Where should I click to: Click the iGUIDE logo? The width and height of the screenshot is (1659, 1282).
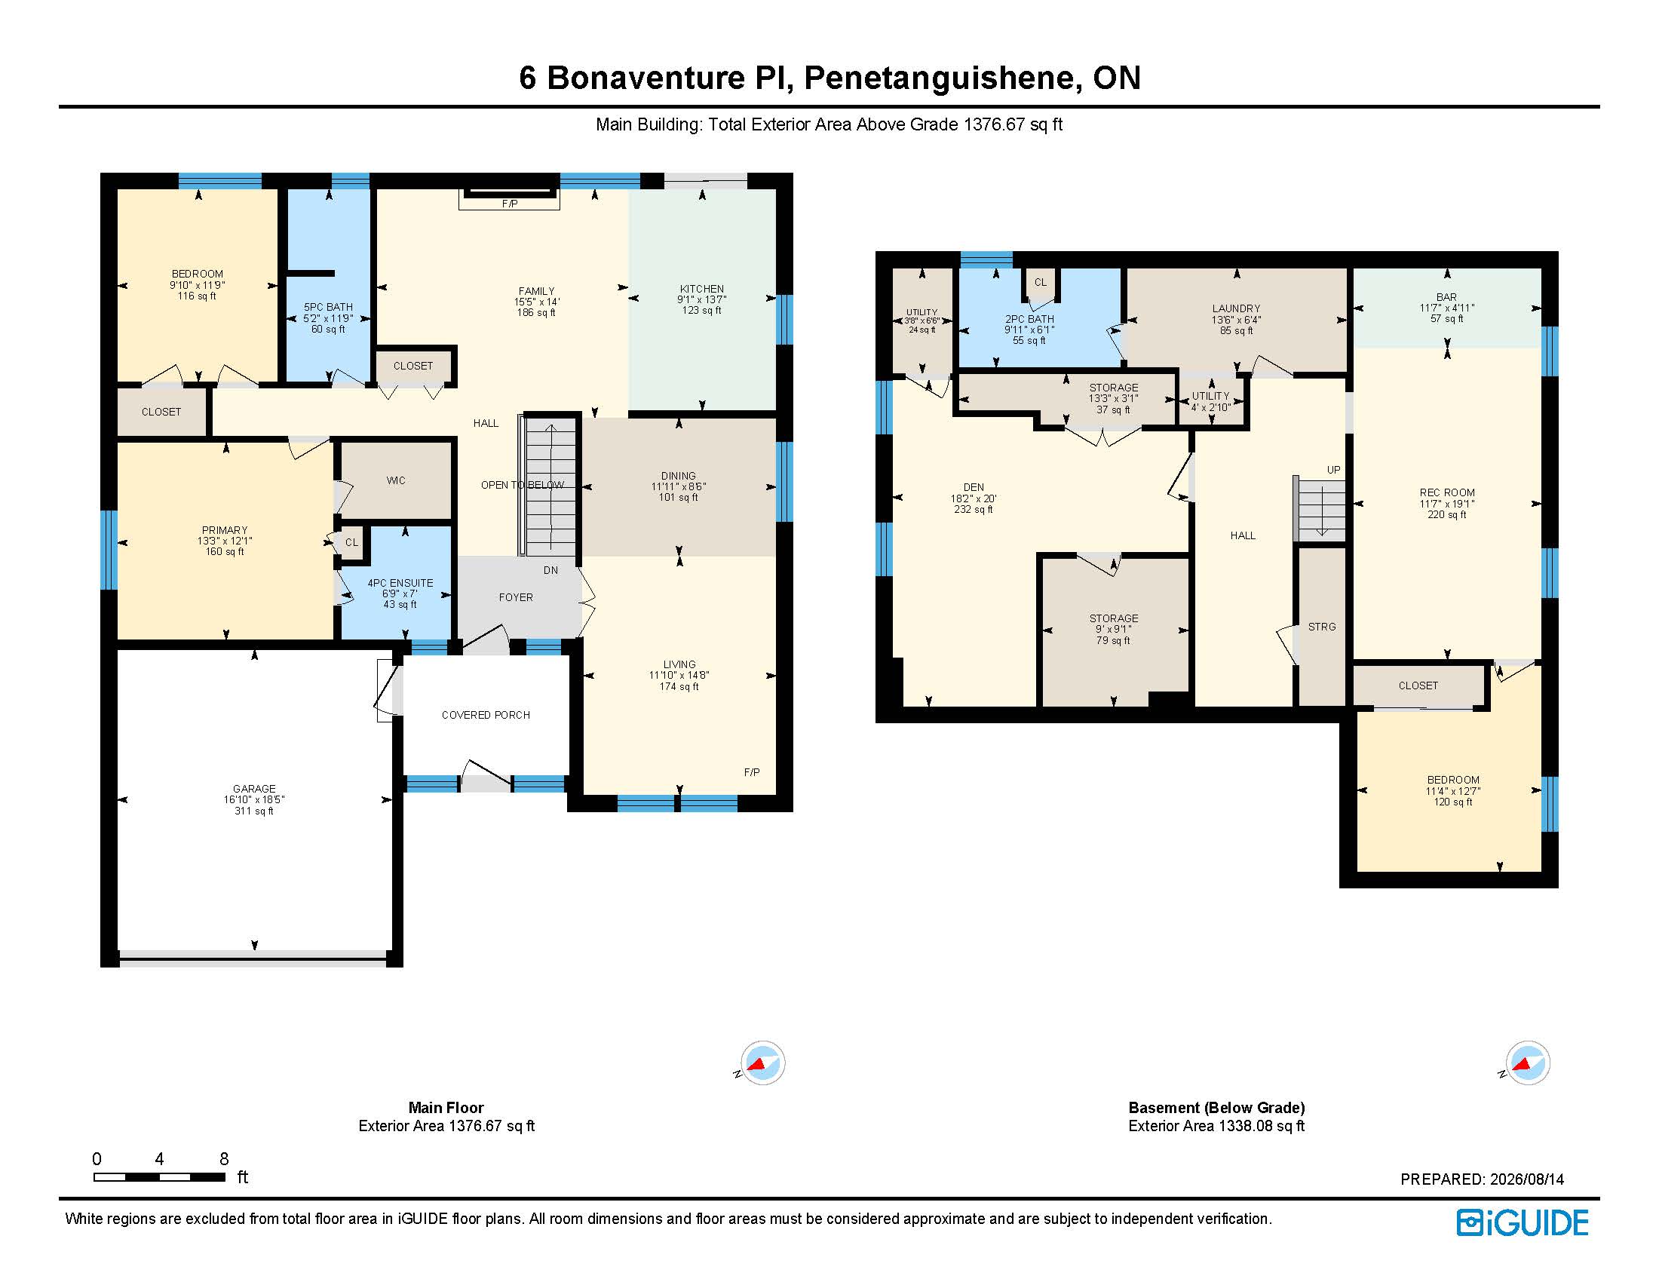coord(1523,1222)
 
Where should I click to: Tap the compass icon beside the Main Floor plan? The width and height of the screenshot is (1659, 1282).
coord(761,1063)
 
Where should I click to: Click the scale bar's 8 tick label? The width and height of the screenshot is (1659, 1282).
coord(224,1159)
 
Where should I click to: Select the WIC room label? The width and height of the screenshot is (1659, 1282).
coord(396,481)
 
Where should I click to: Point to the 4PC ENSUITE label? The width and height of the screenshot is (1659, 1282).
coord(400,583)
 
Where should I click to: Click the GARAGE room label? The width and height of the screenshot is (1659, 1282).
coord(254,789)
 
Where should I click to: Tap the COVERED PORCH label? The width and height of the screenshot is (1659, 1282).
coord(486,716)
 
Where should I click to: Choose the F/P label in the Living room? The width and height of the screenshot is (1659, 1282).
coord(752,772)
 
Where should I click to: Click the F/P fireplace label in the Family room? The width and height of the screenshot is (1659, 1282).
coord(510,204)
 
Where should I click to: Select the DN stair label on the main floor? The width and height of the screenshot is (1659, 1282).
coord(550,570)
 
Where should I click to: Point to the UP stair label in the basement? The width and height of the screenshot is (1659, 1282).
coord(1334,470)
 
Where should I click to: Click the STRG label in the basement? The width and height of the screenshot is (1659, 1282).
coord(1322,627)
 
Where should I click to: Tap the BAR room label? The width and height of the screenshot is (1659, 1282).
coord(1447,298)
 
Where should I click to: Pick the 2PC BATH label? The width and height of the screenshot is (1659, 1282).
coord(1029,320)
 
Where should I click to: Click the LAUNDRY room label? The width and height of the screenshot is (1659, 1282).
coord(1236,309)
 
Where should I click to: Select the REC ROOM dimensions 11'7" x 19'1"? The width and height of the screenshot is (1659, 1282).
coord(1447,505)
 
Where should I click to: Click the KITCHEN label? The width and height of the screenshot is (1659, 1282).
coord(702,290)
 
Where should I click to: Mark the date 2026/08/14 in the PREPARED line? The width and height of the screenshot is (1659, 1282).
coord(1527,1179)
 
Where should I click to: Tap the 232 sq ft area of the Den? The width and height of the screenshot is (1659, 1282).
coord(974,510)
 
